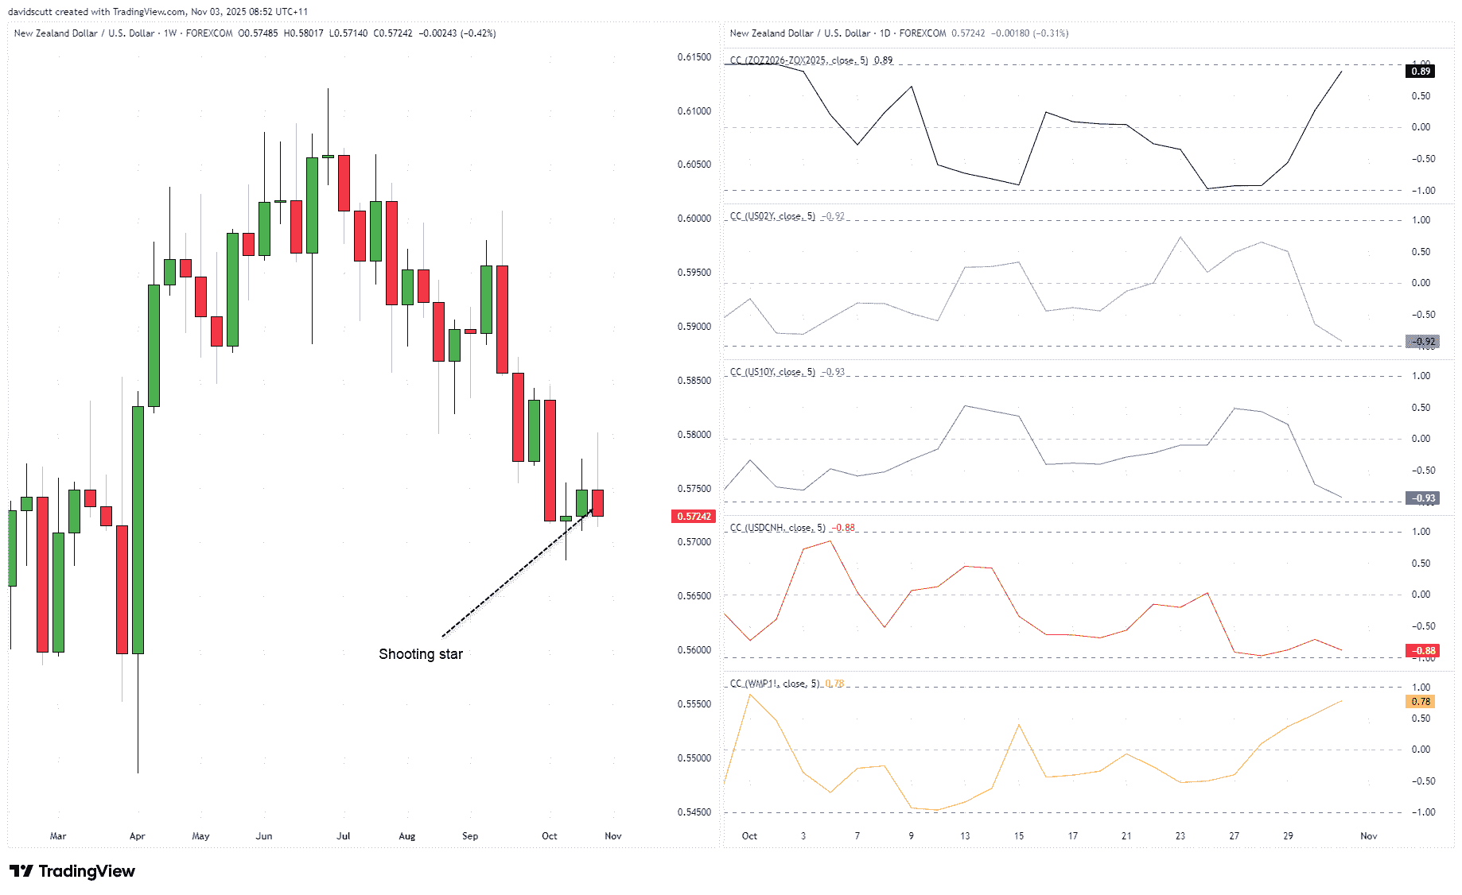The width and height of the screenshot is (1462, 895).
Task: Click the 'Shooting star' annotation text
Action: pyautogui.click(x=420, y=654)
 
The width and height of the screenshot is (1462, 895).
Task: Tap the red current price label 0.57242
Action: pyautogui.click(x=694, y=517)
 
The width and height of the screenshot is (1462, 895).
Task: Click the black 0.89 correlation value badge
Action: pyautogui.click(x=1421, y=72)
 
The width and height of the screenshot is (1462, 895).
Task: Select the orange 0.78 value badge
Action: pyautogui.click(x=1421, y=702)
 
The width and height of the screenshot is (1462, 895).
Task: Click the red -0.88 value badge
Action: pyautogui.click(x=1423, y=651)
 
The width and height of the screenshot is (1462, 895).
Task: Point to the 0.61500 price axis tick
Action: pyautogui.click(x=694, y=57)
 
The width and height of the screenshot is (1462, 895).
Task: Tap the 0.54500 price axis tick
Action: pyautogui.click(x=694, y=812)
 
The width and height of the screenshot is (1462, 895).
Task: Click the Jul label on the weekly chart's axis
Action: pyautogui.click(x=344, y=836)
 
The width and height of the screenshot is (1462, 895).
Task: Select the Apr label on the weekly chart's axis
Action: pyautogui.click(x=137, y=836)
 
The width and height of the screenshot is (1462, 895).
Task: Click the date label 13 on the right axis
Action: pyautogui.click(x=965, y=836)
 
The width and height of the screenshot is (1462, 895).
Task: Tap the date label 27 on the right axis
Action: pyautogui.click(x=1234, y=836)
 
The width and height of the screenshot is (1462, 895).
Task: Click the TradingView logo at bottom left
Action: pyautogui.click(x=72, y=871)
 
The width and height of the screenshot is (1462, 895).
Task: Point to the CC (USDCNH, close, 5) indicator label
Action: pyautogui.click(x=778, y=528)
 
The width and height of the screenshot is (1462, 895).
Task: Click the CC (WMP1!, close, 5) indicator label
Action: pyautogui.click(x=774, y=684)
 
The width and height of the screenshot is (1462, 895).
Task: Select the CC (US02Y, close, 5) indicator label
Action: pyautogui.click(x=772, y=216)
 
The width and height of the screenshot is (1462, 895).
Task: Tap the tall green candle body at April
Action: pyautogui.click(x=138, y=529)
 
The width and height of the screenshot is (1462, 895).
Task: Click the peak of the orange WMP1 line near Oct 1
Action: pyautogui.click(x=750, y=695)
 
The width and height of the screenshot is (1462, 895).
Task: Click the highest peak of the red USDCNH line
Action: pyautogui.click(x=830, y=541)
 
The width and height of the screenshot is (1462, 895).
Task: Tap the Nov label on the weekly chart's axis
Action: pyautogui.click(x=612, y=836)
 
